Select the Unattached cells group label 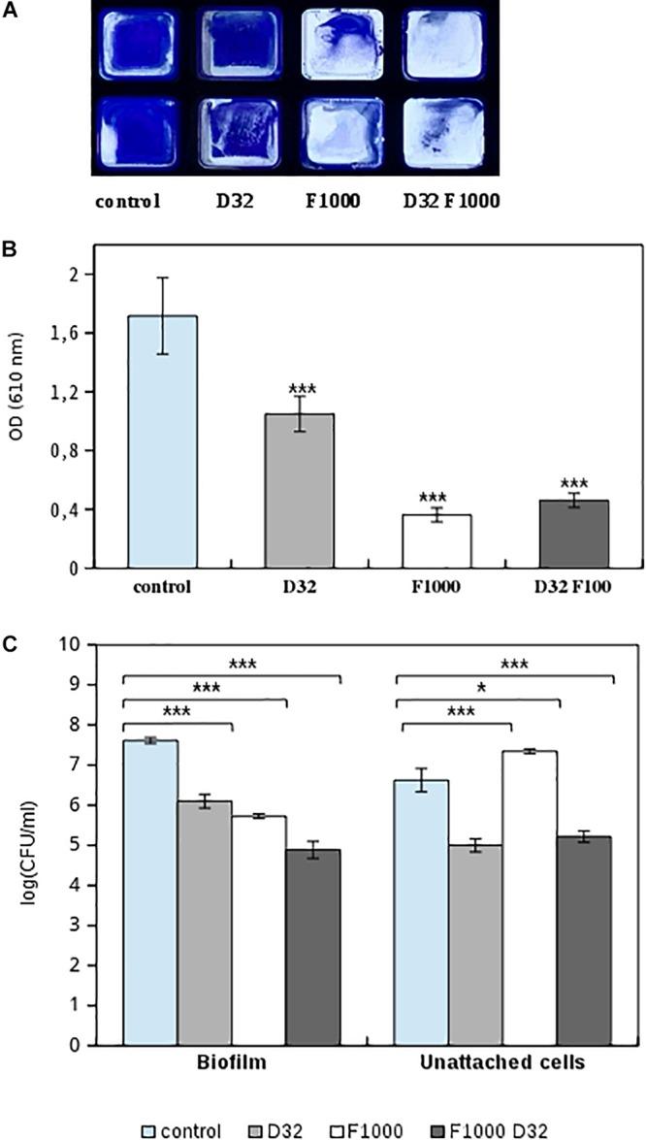pos(502,1063)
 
